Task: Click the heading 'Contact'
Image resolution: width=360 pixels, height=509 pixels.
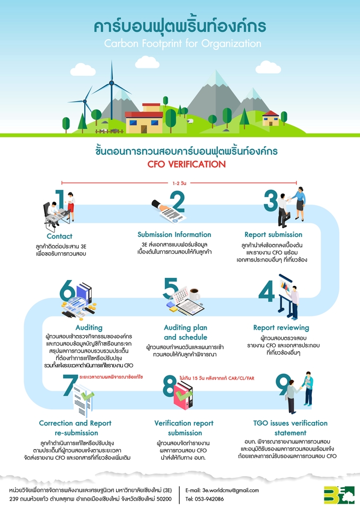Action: tap(59, 236)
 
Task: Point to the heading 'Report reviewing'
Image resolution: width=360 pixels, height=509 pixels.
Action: tap(281, 327)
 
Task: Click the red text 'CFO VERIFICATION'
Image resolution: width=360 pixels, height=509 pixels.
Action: tap(180, 164)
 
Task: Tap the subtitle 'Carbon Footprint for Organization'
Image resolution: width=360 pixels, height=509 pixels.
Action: tap(180, 43)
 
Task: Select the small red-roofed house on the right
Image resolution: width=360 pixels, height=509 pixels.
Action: tap(270, 117)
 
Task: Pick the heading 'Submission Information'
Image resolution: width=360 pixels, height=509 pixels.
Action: tap(174, 234)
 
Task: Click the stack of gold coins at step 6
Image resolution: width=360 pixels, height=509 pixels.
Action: tap(92, 307)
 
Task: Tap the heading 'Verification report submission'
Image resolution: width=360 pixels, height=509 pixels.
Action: tap(184, 428)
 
